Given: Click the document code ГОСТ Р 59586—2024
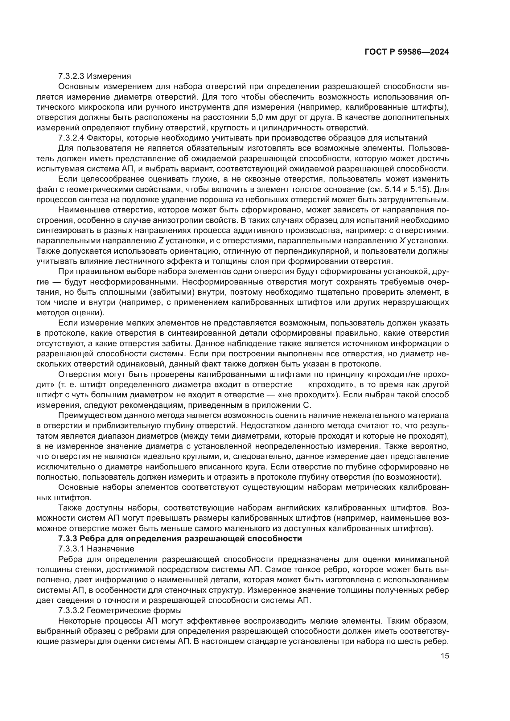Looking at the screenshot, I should coord(406,52).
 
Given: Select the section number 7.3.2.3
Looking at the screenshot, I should coord(71,76).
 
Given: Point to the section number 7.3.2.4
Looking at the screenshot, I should coord(71,138).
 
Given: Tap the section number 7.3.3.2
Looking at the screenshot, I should coord(71,611).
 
